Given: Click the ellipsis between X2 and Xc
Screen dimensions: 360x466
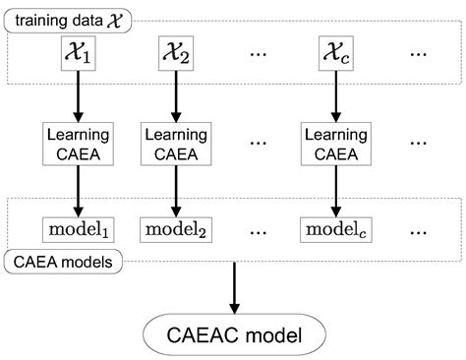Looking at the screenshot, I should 259,56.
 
